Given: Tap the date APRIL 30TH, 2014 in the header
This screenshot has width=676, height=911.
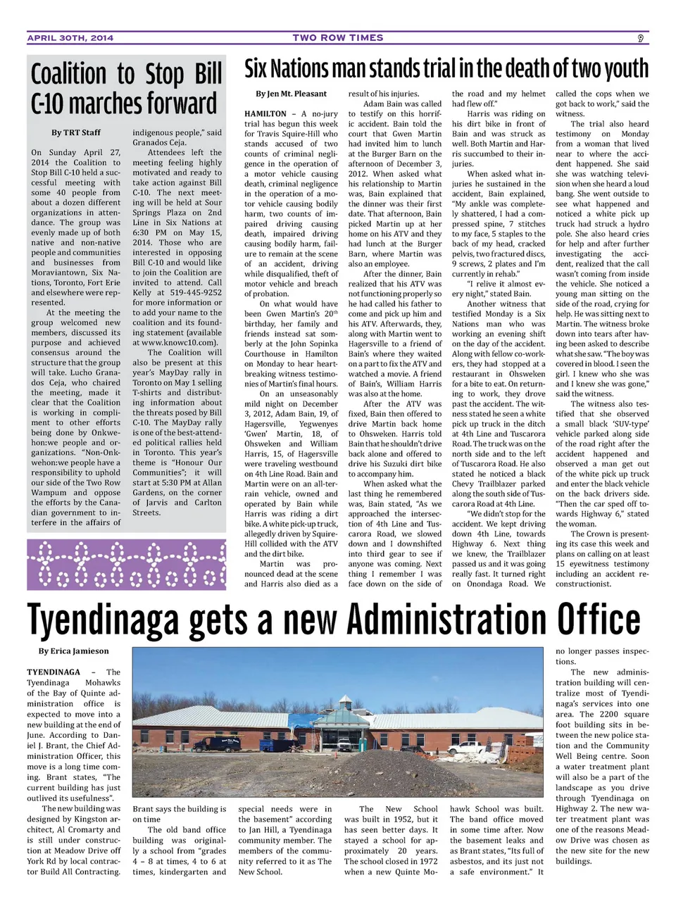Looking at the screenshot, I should [70, 38].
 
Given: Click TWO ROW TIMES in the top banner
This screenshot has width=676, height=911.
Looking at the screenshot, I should [338, 38].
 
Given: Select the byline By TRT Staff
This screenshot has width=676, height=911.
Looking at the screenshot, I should [75, 132].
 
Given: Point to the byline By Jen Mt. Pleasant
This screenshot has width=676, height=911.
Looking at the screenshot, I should [291, 94].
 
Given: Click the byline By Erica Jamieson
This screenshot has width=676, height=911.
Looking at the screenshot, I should [73, 651].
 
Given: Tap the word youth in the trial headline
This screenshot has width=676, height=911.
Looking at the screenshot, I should [620, 69].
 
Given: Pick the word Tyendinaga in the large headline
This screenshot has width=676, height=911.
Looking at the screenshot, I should [102, 620].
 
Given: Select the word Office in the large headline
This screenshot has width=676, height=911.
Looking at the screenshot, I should [599, 620].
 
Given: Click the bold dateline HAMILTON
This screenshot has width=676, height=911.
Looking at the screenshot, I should [265, 114].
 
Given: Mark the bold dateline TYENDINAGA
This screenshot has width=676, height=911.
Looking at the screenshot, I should [54, 672].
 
